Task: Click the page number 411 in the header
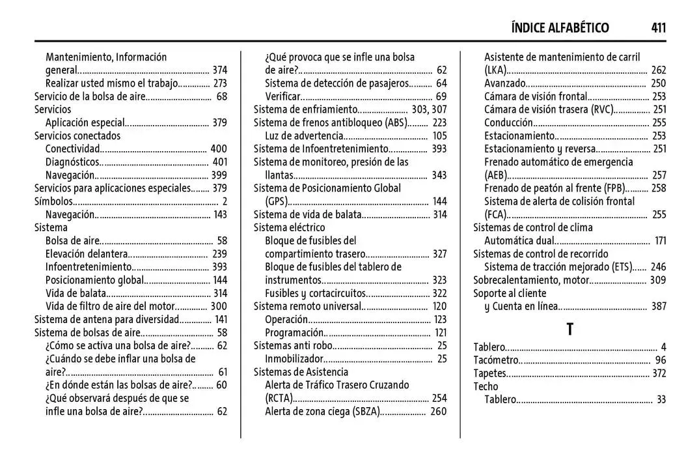657,27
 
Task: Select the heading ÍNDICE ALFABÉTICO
560,27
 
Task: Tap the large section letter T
569,330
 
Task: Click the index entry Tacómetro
496,360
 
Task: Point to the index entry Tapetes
489,373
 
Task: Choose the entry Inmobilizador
294,359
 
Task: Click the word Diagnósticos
72,162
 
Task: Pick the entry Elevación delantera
85,254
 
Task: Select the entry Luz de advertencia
303,135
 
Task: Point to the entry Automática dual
519,241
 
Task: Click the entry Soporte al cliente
510,293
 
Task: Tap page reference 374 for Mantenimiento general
219,70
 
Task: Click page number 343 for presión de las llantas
439,175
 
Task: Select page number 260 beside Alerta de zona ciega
439,411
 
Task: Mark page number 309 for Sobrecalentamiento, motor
658,280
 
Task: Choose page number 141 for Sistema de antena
221,319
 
